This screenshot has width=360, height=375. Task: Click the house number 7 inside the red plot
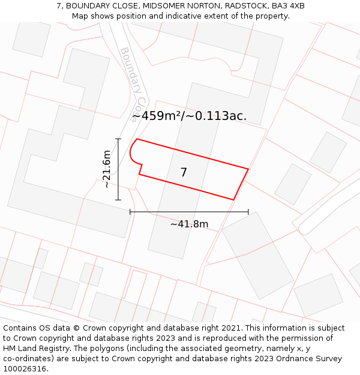pos(184,172)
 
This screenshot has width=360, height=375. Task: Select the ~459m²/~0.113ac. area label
pos(189,116)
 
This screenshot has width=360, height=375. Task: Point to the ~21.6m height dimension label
pos(107,169)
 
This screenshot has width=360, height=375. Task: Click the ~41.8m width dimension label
pos(189,224)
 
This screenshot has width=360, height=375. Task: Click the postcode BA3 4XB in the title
pos(288,5)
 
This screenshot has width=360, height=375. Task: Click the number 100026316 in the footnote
pos(25,368)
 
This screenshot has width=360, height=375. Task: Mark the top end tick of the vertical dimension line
pos(118,139)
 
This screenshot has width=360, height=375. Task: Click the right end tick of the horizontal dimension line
pos(248,212)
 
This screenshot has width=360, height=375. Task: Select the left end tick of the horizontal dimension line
pos(130,212)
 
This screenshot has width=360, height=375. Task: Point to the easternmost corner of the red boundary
pos(248,169)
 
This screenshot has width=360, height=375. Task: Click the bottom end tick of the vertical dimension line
pos(118,199)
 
